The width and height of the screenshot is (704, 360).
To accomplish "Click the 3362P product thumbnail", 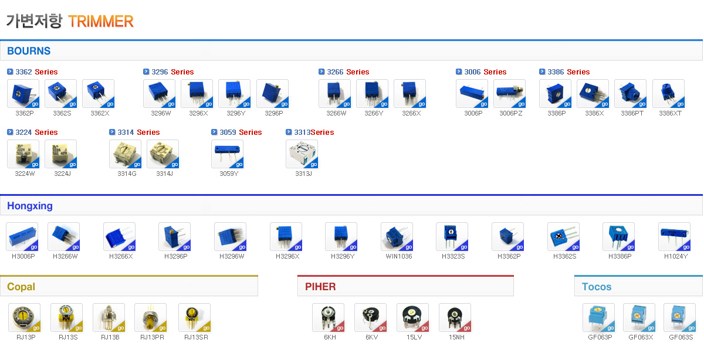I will [23, 94].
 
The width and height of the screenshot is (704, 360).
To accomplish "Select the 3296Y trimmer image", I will [235, 94].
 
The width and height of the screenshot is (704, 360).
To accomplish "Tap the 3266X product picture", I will [409, 94].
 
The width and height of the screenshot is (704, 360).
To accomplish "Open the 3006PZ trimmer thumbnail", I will [510, 94].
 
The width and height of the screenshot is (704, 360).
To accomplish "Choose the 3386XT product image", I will [668, 94].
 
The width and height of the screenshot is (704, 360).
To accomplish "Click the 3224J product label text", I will [62, 174].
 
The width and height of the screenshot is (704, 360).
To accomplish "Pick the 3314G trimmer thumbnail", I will [126, 154].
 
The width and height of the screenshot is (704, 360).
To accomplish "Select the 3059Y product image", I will [227, 154].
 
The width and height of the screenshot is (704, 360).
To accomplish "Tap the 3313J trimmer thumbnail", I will [302, 154].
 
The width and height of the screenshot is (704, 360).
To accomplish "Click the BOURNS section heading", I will [29, 51].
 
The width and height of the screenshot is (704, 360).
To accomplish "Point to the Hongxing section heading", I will [30, 206].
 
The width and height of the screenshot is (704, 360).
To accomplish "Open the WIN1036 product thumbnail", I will [397, 237].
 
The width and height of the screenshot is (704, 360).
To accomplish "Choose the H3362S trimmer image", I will [563, 237].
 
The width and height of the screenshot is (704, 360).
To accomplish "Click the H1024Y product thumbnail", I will [674, 237].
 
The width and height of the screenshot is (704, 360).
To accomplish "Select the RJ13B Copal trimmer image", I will [109, 318].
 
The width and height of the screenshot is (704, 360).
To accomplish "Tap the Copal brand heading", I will [21, 287].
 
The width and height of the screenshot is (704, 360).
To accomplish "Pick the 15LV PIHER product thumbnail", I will [412, 318].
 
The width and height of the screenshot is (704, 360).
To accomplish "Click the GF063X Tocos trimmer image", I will [639, 318].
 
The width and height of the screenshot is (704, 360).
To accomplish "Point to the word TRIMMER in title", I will [101, 22].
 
